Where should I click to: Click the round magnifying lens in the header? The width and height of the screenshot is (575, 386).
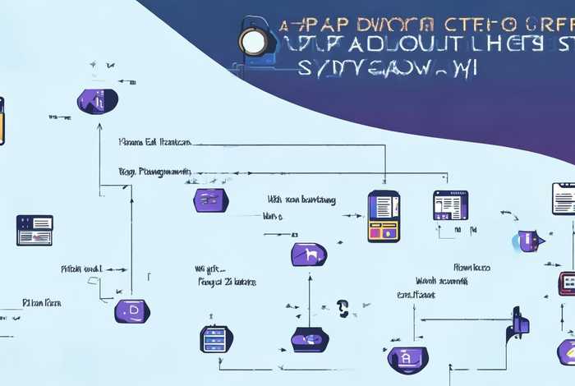tap(252, 41)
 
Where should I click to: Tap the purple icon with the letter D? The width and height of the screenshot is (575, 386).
tap(131, 310)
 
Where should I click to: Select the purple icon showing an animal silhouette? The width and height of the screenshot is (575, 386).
tap(308, 254)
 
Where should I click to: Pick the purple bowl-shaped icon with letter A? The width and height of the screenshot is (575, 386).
tap(407, 358)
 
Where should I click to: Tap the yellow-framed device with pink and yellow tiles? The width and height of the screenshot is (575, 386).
tap(384, 216)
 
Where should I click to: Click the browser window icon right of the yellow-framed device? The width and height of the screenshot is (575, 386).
tap(450, 205)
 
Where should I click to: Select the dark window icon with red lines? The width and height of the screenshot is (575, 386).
tap(34, 230)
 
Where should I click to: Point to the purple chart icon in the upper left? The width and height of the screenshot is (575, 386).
tap(97, 101)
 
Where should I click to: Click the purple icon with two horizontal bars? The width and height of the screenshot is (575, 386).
tap(211, 200)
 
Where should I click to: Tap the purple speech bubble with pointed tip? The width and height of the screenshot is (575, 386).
tap(528, 241)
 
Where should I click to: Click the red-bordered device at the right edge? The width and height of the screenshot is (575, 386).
tap(567, 283)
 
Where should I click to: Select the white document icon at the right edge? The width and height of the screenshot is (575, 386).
tap(564, 199)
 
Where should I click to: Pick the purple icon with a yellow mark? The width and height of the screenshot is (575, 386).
tap(567, 352)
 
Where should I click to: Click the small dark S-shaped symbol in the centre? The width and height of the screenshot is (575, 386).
tap(343, 308)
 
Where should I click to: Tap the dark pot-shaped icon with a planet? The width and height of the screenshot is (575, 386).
tap(310, 338)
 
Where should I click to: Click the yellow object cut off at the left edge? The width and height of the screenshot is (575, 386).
tap(2, 121)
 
